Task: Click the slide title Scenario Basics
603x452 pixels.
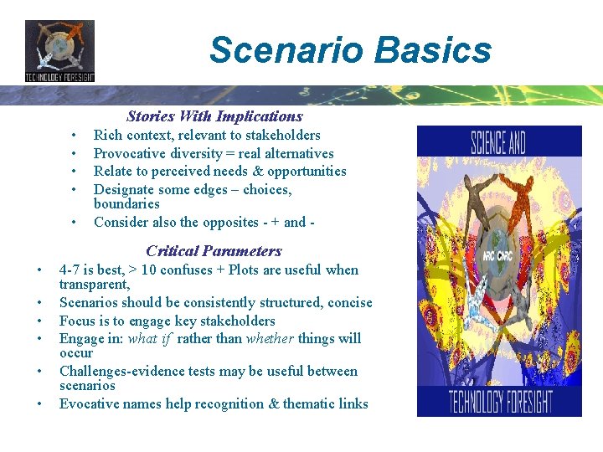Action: coord(350,49)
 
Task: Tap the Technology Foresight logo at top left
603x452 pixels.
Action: coord(59,50)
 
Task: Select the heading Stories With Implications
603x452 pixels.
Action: coord(214,116)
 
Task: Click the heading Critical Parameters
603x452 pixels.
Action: coord(214,250)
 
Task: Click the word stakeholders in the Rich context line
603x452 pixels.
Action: coord(283,135)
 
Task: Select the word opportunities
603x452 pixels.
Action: coord(307,171)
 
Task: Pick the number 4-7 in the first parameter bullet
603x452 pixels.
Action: coord(70,270)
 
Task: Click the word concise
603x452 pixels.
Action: coord(349,302)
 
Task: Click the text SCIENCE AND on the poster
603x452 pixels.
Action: coord(498,143)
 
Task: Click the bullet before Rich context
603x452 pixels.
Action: coord(75,135)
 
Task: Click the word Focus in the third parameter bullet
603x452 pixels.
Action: coord(77,321)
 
